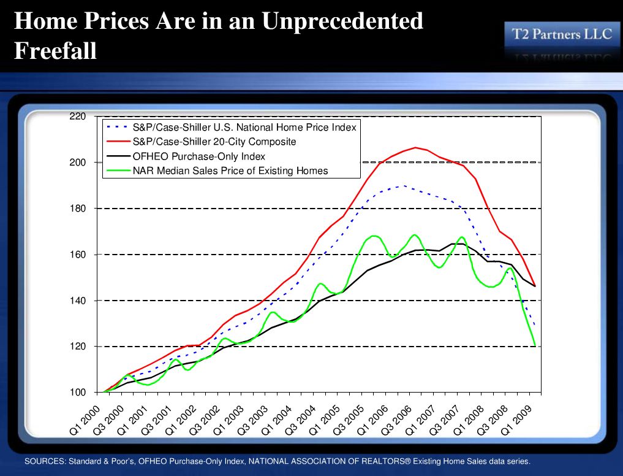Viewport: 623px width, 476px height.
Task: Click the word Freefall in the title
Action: (x=55, y=50)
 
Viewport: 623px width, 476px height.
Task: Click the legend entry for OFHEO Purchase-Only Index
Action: (x=198, y=156)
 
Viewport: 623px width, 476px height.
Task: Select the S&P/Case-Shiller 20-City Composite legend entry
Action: (x=214, y=142)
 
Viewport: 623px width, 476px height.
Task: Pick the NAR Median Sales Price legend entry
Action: (x=230, y=171)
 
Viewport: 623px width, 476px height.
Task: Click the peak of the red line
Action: (x=416, y=147)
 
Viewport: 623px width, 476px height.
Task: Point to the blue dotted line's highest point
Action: (x=403, y=185)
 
